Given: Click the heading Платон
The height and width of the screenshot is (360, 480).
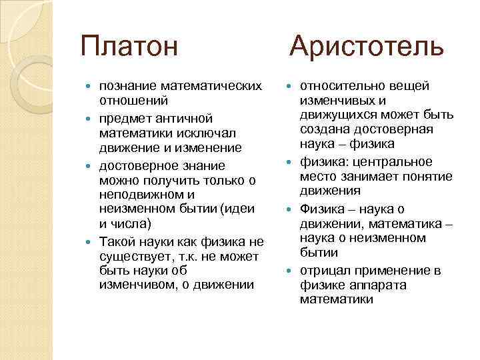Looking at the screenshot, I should [x=129, y=47].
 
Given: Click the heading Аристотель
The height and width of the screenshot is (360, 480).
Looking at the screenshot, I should [x=366, y=47].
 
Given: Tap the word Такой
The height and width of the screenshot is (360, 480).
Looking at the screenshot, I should [x=118, y=241].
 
